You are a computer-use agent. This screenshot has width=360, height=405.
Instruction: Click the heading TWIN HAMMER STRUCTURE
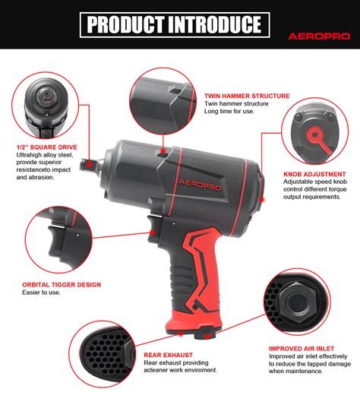pos(247,97)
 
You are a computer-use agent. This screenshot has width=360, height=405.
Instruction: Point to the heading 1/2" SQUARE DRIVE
pos(45,147)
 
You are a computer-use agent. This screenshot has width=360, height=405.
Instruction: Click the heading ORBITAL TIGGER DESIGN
pos(62,285)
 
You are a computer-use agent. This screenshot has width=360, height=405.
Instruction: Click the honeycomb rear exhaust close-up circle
pos(103,357)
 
